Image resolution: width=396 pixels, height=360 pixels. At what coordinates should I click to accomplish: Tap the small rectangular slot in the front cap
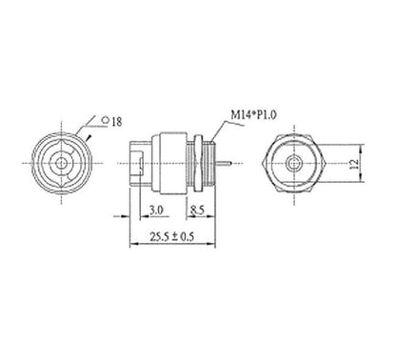click(x=140, y=164)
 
